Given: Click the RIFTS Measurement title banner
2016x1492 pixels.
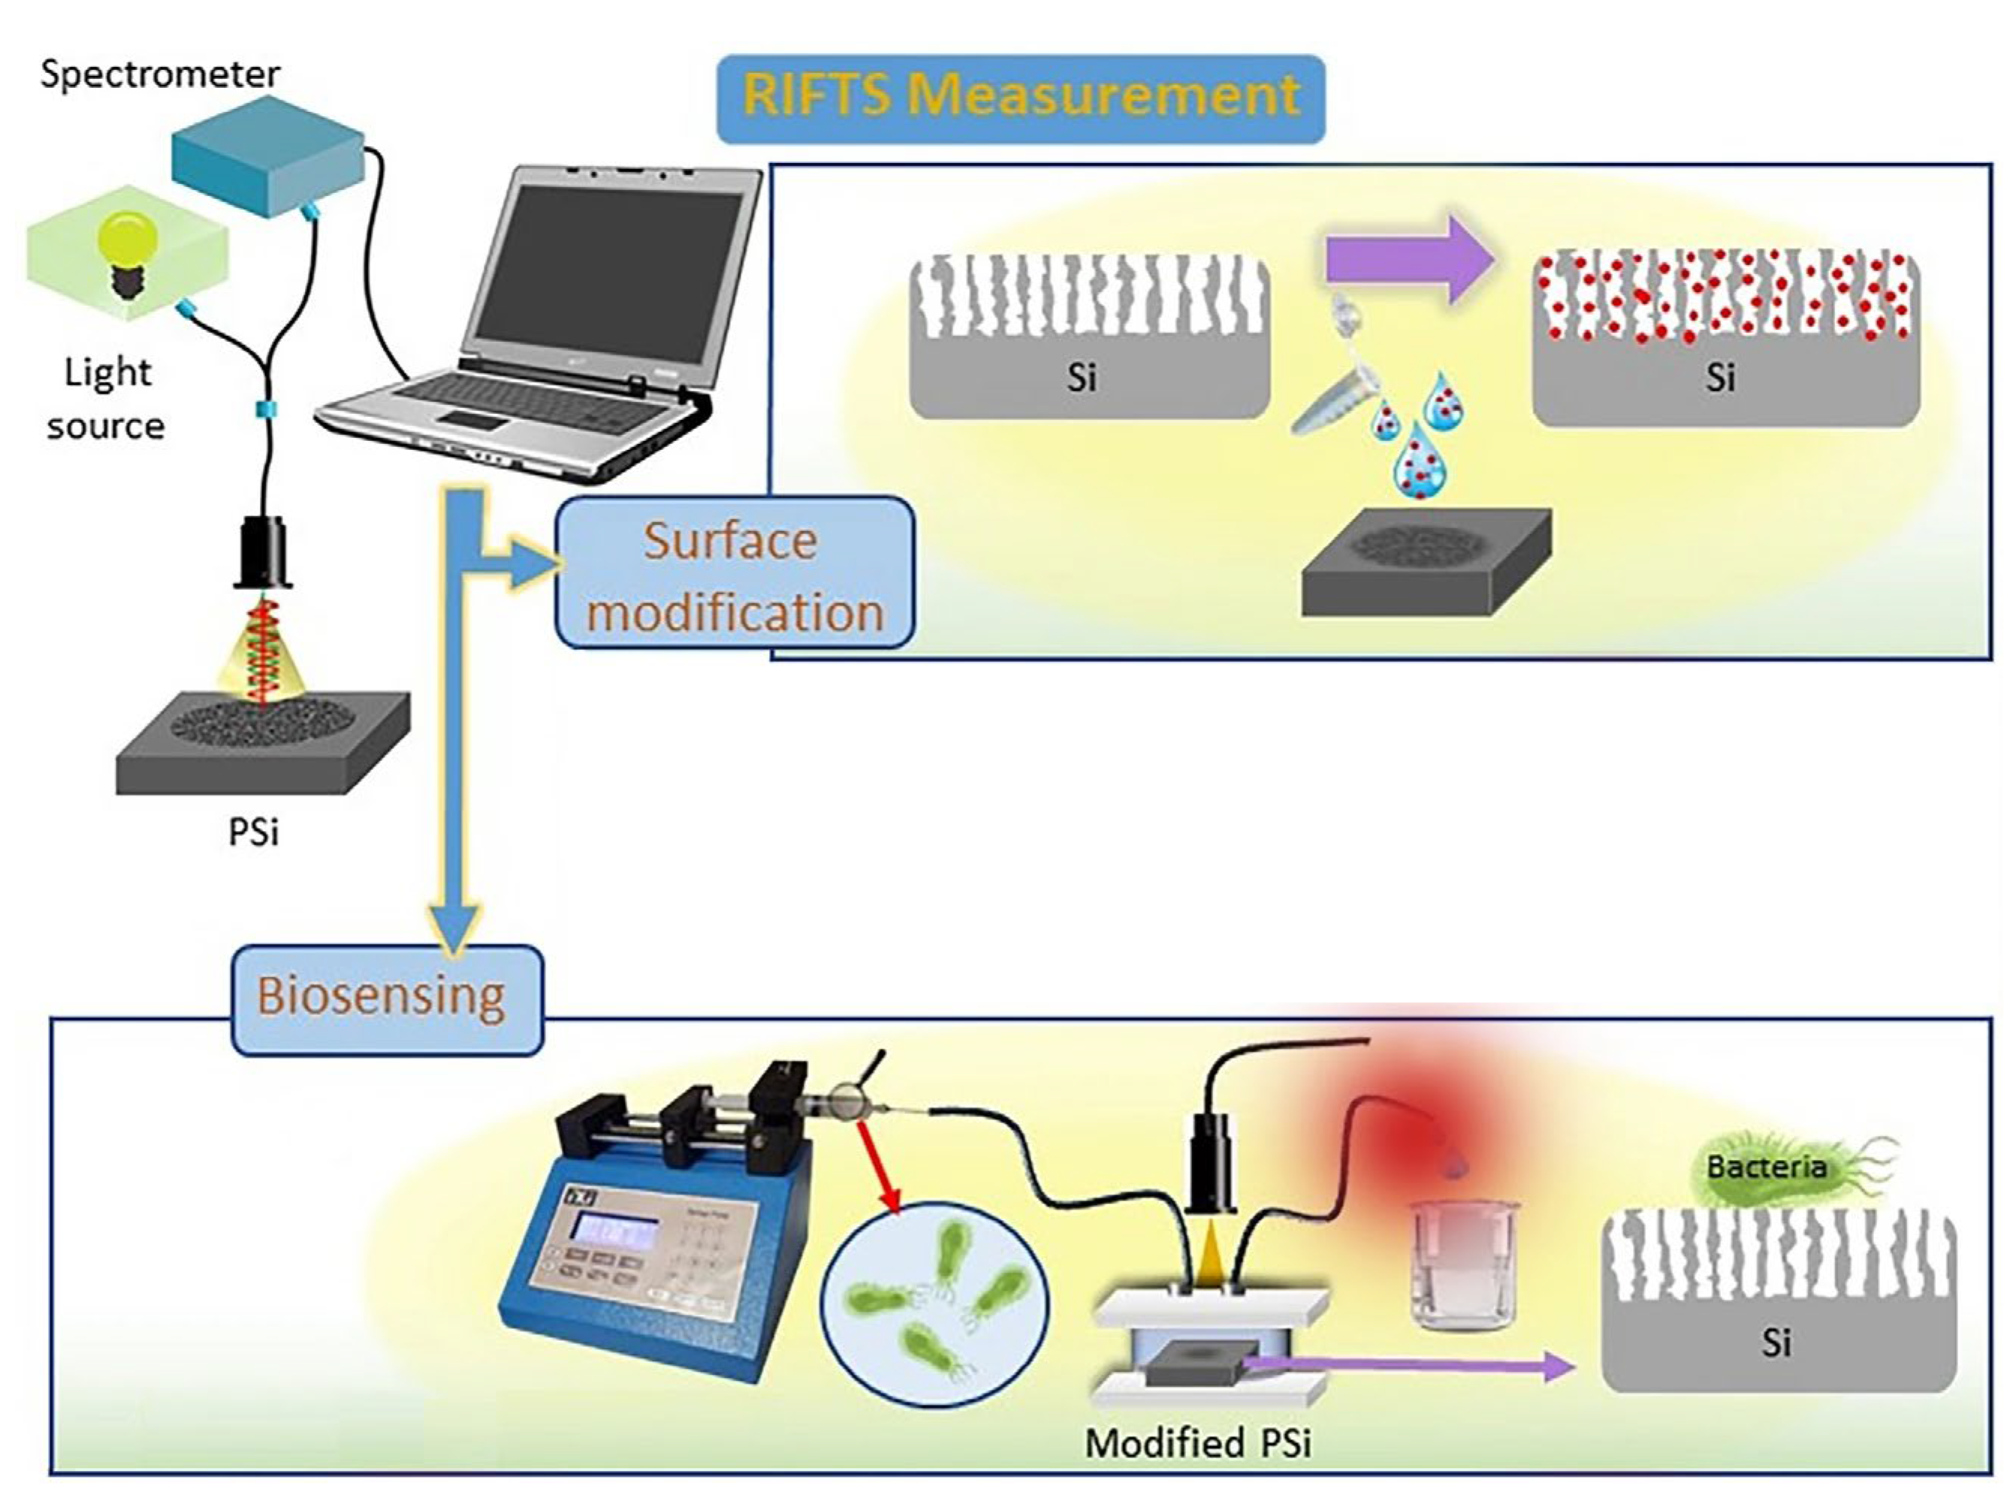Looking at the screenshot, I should pyautogui.click(x=1020, y=98).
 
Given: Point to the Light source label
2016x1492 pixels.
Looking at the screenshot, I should pyautogui.click(x=107, y=398).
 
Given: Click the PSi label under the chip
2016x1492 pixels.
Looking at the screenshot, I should pyautogui.click(x=253, y=832).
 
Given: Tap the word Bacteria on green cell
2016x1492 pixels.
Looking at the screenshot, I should pyautogui.click(x=1765, y=1167).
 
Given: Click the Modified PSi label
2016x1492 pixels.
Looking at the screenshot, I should pyautogui.click(x=1197, y=1443).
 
